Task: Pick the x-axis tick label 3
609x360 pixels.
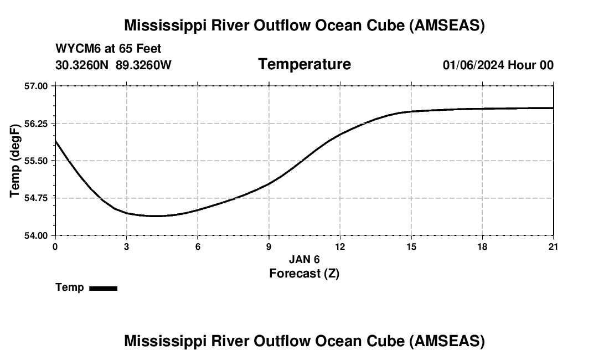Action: click(126, 246)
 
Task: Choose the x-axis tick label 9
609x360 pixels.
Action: click(269, 246)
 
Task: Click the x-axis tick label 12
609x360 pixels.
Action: click(340, 246)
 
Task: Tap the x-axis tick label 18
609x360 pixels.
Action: click(482, 246)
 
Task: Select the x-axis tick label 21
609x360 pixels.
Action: click(553, 246)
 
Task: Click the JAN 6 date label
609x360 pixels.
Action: click(304, 259)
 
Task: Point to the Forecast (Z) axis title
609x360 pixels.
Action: click(304, 273)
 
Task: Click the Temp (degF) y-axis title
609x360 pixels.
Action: click(16, 161)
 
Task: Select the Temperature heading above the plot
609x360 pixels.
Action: click(304, 64)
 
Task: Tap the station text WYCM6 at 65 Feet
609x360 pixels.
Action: click(108, 49)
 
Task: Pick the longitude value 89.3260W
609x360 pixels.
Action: click(143, 65)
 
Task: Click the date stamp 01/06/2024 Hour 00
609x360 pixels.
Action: click(498, 65)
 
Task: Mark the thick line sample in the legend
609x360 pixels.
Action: click(103, 288)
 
